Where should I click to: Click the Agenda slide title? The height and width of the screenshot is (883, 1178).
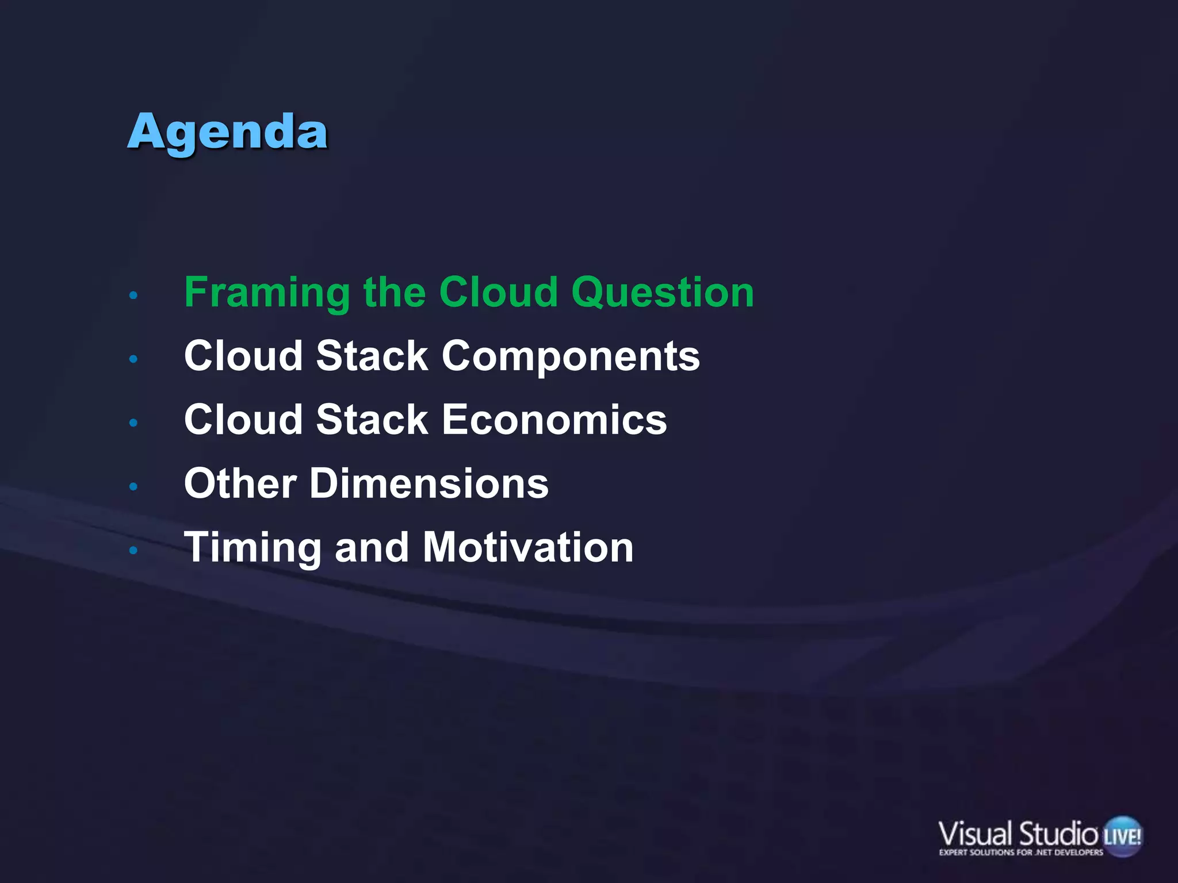[228, 132]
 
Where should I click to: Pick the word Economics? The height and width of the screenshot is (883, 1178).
[554, 420]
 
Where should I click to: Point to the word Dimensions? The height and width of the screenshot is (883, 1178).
[429, 483]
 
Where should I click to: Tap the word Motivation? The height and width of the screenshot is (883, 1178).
[527, 547]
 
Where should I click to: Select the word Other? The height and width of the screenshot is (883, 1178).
[240, 483]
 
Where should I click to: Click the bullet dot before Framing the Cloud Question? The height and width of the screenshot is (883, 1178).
[133, 296]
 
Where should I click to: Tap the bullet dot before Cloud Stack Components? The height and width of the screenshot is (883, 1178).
[133, 359]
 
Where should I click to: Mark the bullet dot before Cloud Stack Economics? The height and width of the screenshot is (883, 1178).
[133, 423]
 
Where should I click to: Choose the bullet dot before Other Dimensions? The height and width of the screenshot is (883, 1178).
[133, 487]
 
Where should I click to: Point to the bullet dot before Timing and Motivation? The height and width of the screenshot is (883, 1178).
[133, 551]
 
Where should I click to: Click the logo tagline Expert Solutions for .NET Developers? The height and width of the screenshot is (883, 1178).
[1021, 853]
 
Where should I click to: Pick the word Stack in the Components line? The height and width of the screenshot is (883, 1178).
[372, 356]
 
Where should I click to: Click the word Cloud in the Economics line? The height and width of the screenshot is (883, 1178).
[243, 420]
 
